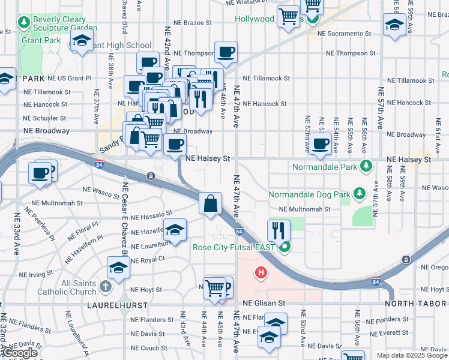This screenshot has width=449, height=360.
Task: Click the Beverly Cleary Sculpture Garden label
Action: (65, 23)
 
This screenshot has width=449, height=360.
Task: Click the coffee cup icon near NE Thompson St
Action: (226, 53)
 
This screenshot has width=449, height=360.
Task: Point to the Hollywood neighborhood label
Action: (254, 19)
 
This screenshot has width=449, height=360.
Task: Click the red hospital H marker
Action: (261, 273)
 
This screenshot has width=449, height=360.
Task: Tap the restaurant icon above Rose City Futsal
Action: (279, 230)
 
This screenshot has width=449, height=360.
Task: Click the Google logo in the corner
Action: (20, 353)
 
